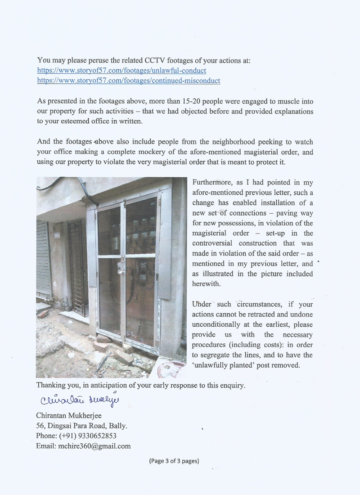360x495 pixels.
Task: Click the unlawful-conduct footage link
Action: pos(121,71)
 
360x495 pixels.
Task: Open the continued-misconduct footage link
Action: pos(128,81)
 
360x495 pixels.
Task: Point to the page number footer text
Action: pos(174,461)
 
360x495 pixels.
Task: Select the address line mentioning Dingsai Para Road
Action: pos(81,425)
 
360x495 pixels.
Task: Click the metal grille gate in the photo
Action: pos(77,265)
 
